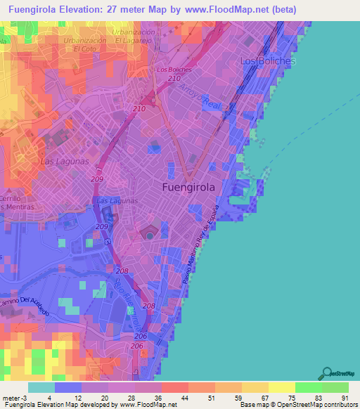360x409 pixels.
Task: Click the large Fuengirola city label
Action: click(x=188, y=188)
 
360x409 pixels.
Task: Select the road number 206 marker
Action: click(x=141, y=337)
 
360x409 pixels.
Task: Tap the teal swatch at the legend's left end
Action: click(x=41, y=387)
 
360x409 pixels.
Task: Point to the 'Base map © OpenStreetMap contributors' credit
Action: click(x=298, y=404)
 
